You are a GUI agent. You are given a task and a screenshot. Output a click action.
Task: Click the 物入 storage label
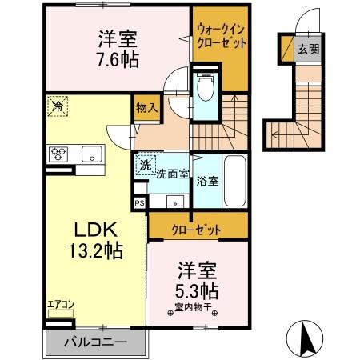coord(146,107)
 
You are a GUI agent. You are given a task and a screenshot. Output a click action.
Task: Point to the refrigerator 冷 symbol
coord(58,105)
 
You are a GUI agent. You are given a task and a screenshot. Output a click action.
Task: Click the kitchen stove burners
coord(59,154)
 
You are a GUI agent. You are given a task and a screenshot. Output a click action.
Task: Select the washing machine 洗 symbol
coord(145,166)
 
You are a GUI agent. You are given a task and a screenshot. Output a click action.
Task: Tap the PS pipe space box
coord(140,204)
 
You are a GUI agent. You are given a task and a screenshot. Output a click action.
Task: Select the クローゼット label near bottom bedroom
coord(196,229)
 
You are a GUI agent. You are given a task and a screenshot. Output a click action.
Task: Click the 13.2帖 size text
coord(94,251)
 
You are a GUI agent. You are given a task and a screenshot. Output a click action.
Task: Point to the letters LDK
coord(94,227)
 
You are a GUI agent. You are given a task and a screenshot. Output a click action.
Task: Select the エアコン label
coord(60,303)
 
